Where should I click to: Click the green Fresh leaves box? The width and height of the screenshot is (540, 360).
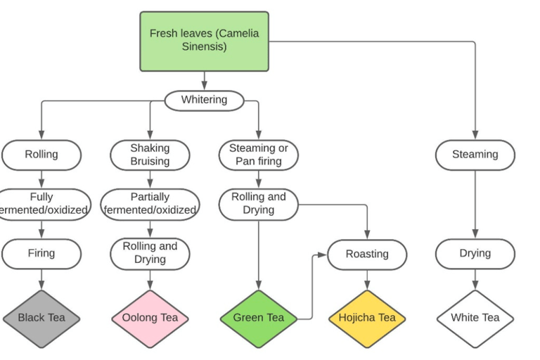(x=204, y=41)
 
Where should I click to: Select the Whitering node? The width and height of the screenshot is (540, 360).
(x=204, y=100)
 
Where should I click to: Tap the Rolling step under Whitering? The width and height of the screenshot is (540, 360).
(x=41, y=155)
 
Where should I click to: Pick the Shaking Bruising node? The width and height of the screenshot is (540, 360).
(x=150, y=155)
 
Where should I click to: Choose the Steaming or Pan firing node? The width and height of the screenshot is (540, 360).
(x=259, y=155)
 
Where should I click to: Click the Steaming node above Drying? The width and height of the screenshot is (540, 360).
(x=475, y=155)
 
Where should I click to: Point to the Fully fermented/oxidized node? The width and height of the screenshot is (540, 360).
(x=41, y=204)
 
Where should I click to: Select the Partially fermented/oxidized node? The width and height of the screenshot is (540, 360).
(x=150, y=204)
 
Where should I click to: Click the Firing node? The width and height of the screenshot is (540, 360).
(x=41, y=253)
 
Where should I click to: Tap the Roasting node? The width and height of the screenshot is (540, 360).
(x=367, y=254)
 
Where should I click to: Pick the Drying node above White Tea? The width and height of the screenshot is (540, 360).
(x=475, y=253)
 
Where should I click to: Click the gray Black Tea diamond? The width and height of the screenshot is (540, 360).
(x=41, y=318)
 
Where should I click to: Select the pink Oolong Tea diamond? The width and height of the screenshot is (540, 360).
(x=150, y=318)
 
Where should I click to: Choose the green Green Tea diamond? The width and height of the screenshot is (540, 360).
(x=259, y=318)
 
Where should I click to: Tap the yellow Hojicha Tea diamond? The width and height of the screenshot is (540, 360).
(x=367, y=318)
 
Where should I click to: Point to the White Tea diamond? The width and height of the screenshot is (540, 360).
(x=475, y=318)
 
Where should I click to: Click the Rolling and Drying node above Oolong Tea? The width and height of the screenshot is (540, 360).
(x=150, y=253)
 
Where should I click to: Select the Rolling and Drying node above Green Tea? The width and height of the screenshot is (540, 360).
(x=259, y=204)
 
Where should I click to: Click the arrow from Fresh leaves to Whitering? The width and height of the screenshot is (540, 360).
(x=204, y=80)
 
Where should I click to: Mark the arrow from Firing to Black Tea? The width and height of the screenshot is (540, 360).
(x=41, y=279)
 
